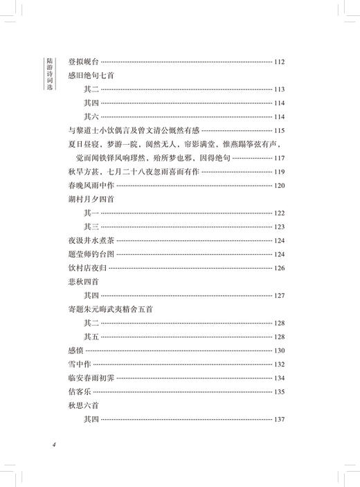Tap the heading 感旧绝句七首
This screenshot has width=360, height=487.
point(90,76)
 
